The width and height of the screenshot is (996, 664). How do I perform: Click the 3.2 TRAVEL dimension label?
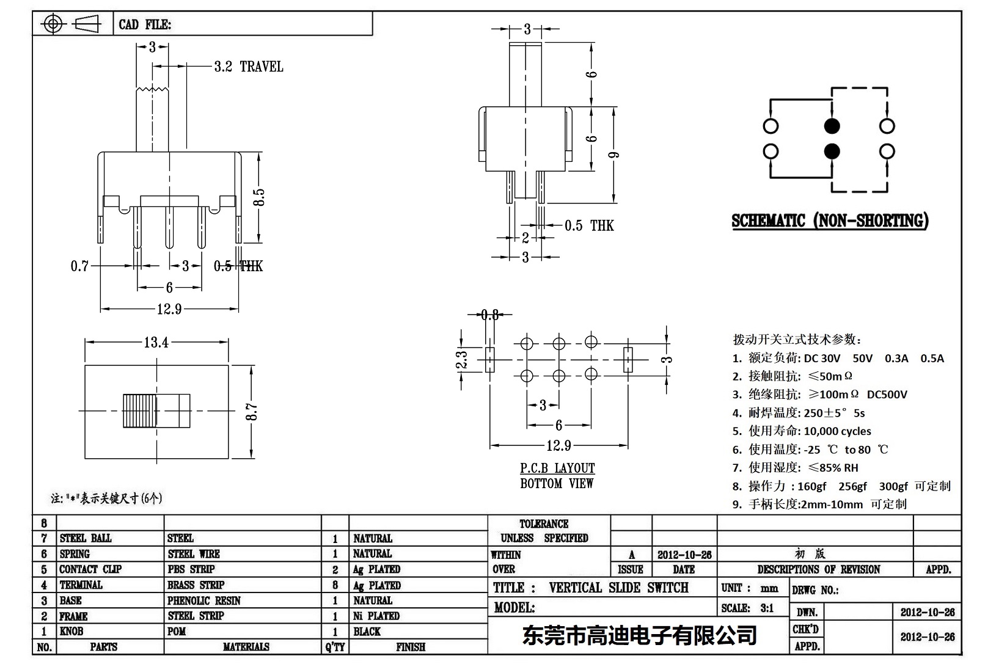click(x=249, y=67)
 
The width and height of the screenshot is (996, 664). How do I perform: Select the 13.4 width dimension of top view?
click(x=156, y=343)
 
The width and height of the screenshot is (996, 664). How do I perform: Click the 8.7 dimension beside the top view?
click(x=252, y=412)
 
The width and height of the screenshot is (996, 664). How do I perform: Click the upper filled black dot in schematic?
click(x=832, y=126)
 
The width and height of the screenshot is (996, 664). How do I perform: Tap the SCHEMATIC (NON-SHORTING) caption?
click(x=830, y=221)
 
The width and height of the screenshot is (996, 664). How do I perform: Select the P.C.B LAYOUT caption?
click(x=557, y=469)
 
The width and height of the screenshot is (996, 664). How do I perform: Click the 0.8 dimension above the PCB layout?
click(x=489, y=315)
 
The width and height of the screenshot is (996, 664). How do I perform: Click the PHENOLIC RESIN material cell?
click(x=204, y=600)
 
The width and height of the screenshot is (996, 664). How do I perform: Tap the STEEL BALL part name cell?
click(x=86, y=538)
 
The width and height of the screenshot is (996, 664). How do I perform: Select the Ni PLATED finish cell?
click(x=376, y=616)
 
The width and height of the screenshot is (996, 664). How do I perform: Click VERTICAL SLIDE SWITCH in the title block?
click(x=618, y=588)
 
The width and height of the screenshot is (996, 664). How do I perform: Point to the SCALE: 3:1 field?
click(x=747, y=608)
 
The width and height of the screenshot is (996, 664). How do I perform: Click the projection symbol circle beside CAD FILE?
click(x=53, y=24)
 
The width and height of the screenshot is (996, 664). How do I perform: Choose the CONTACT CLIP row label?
click(x=90, y=569)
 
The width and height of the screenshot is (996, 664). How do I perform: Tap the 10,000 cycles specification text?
click(x=837, y=431)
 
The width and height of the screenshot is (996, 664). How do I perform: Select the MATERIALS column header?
click(x=246, y=647)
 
